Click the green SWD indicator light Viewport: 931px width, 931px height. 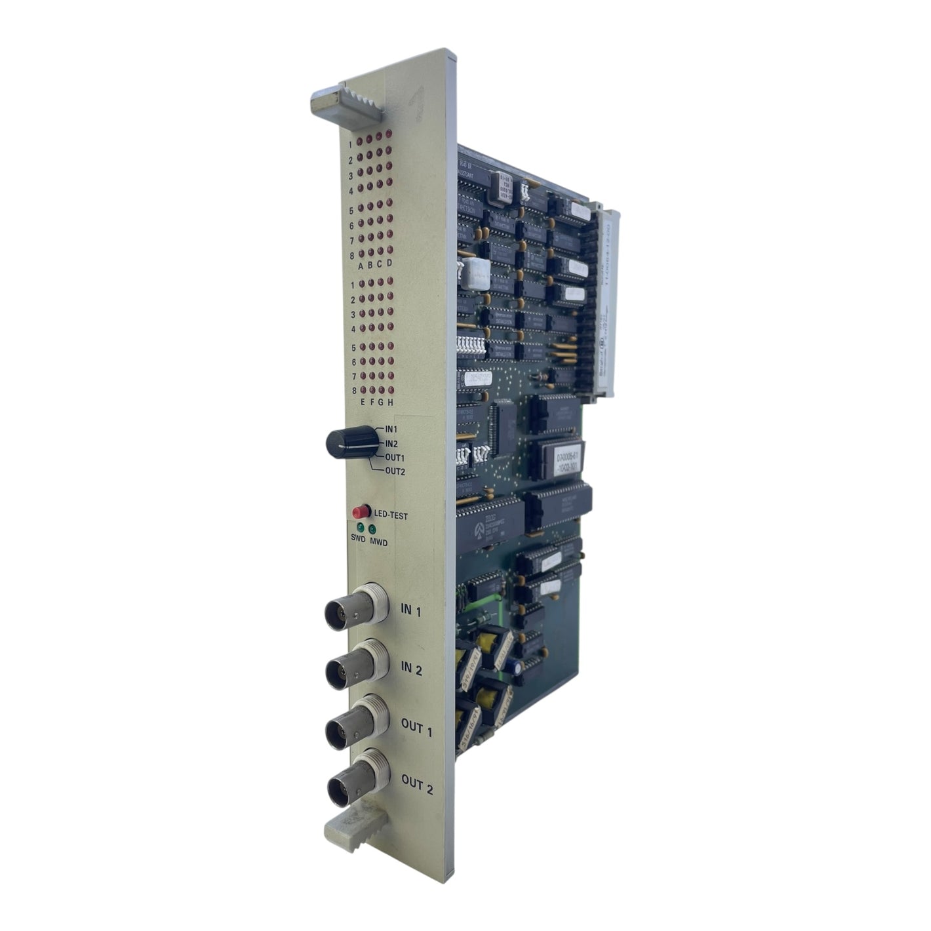point(359,527)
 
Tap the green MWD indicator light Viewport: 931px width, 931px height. point(372,529)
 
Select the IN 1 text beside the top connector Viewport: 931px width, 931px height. point(410,610)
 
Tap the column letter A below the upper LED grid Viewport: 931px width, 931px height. point(360,266)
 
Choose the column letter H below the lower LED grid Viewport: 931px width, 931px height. point(389,402)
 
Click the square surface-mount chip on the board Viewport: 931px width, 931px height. point(505,427)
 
